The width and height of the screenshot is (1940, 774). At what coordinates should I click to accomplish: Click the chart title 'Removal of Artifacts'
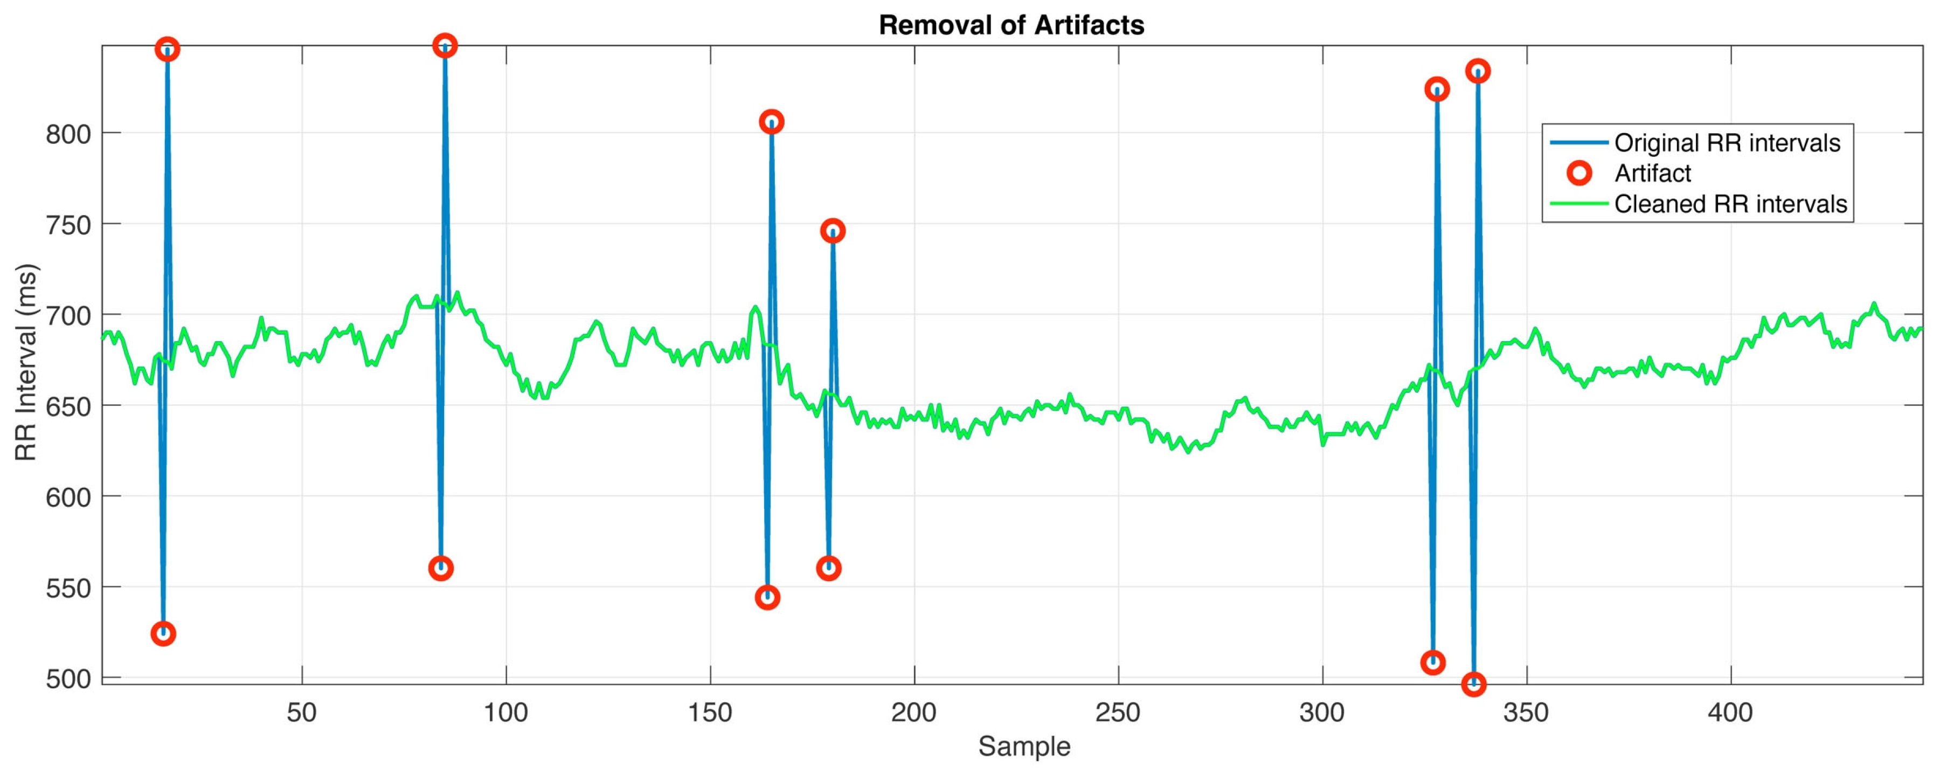pos(1011,25)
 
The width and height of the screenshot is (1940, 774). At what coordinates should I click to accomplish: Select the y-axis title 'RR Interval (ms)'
pos(26,362)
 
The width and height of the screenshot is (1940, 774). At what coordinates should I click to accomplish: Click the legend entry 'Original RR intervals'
pos(1728,143)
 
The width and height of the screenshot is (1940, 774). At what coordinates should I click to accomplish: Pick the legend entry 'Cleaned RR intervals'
pos(1730,204)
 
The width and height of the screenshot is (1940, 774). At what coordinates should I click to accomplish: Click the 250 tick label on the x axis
pos(1118,712)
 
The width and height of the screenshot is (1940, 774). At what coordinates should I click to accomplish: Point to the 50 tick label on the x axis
pos(302,712)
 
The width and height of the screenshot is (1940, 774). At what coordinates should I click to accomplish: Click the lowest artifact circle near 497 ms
pos(1473,683)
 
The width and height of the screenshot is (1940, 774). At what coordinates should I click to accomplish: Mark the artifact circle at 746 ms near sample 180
pos(832,230)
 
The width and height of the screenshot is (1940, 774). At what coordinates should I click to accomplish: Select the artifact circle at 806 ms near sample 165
pos(771,122)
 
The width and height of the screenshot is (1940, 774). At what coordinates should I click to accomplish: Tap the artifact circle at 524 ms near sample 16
pos(163,633)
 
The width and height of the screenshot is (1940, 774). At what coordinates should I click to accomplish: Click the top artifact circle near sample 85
pos(445,46)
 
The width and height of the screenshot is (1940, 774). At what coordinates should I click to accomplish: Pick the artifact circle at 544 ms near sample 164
pos(767,598)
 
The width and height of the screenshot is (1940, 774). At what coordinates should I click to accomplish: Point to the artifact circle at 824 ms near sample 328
pos(1437,89)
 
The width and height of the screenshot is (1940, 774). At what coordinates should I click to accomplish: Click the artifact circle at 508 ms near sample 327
pos(1432,662)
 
